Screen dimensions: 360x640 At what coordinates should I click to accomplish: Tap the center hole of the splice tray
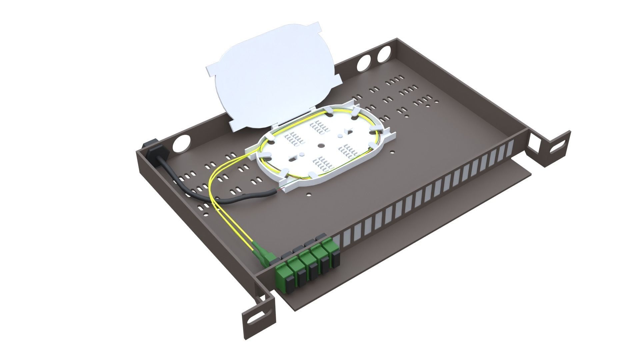point(321,146)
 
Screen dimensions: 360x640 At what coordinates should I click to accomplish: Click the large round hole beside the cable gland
point(181,142)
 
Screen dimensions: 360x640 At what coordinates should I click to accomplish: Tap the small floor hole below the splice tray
point(309,193)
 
